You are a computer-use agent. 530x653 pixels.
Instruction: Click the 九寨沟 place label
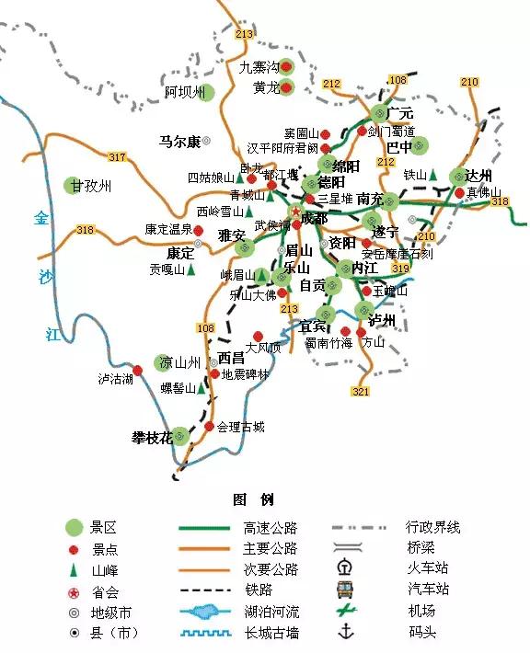(258, 67)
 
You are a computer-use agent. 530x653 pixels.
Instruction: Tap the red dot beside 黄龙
(285, 88)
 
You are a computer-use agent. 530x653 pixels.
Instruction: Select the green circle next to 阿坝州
(206, 92)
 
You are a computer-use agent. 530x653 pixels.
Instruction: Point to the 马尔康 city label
(179, 142)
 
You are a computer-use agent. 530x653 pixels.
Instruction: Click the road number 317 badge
(116, 157)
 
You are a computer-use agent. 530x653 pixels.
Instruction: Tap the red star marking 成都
(296, 212)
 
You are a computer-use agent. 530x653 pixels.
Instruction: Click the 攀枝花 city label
(153, 437)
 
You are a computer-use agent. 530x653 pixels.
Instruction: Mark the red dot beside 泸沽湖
(138, 370)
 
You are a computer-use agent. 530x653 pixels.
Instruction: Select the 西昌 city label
(232, 358)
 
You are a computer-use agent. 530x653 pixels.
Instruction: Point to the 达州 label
(479, 176)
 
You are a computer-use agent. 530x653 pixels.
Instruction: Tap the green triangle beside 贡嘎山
(192, 270)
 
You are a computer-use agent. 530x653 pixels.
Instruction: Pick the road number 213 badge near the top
(244, 35)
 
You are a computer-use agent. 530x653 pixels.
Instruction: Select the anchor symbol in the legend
(347, 632)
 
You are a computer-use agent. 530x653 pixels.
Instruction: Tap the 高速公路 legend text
(271, 529)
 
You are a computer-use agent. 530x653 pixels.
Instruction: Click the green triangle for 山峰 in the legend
(75, 570)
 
